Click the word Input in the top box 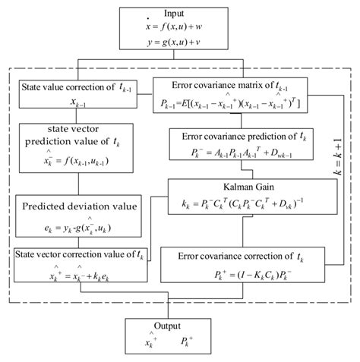tap(179, 14)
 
